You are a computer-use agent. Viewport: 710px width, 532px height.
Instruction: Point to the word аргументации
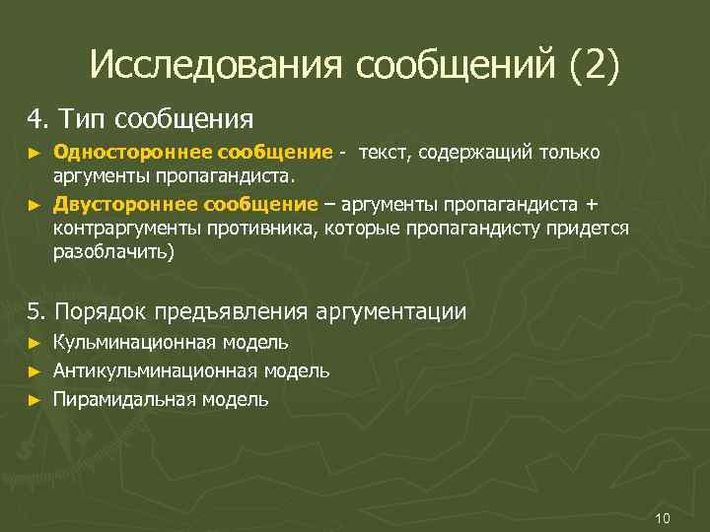(x=390, y=312)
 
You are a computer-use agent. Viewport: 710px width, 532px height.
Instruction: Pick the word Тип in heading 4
(x=82, y=119)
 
